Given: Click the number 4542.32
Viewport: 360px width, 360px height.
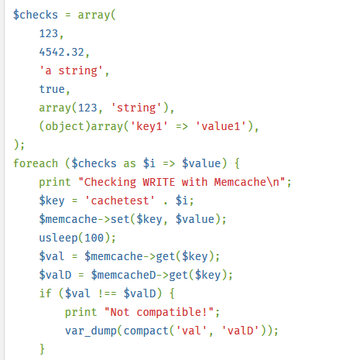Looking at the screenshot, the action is click(62, 52).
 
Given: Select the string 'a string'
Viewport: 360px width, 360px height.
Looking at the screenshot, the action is click(71, 70).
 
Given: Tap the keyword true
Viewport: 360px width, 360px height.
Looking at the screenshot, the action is click(52, 89).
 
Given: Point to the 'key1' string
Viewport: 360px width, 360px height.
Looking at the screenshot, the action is click(149, 126).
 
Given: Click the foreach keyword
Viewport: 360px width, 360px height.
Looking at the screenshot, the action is click(36, 163).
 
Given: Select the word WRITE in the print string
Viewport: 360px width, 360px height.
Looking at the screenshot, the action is click(159, 182).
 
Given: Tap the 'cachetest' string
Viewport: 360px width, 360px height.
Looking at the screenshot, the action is click(120, 201).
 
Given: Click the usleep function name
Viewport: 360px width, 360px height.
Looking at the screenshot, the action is click(58, 238).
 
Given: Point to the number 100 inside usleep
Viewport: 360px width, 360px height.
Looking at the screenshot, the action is click(94, 238).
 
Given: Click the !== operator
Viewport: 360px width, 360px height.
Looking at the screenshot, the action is click(107, 293).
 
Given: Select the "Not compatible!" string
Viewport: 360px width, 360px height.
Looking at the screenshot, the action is click(159, 312).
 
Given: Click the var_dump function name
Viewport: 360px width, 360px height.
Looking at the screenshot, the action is click(91, 331).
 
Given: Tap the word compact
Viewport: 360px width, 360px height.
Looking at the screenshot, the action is click(146, 331).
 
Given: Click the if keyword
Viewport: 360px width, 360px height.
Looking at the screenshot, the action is click(46, 293).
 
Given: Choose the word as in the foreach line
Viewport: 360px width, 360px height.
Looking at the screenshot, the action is click(129, 163).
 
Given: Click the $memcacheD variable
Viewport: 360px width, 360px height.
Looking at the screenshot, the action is click(124, 275).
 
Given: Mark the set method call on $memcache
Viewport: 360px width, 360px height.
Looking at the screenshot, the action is click(120, 219).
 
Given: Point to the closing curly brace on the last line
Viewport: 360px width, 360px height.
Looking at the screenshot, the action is click(42, 349).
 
